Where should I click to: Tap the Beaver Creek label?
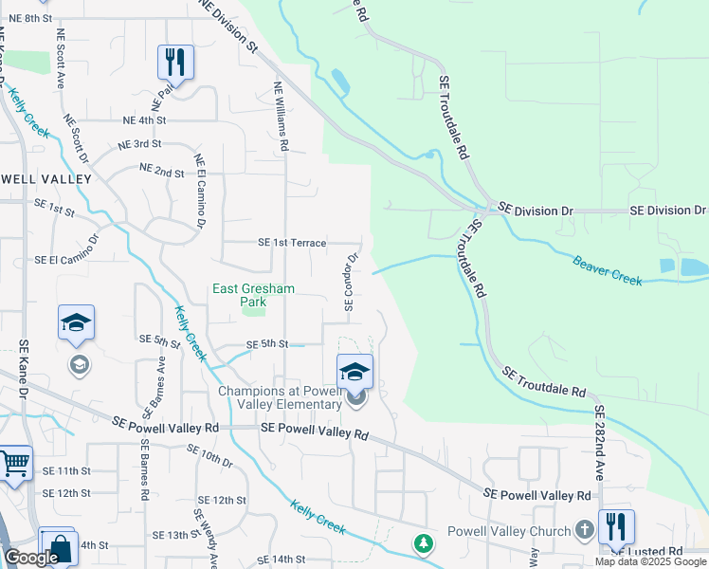(x=607, y=269)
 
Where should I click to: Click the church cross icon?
(x=585, y=531)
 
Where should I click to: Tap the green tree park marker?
(x=423, y=543)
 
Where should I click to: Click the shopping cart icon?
(x=15, y=465)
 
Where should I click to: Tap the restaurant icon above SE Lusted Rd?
(x=616, y=527)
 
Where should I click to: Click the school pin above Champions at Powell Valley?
(x=354, y=372)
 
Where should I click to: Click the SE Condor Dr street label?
(x=350, y=281)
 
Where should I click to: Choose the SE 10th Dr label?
(x=209, y=455)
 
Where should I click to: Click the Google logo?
(x=32, y=558)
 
